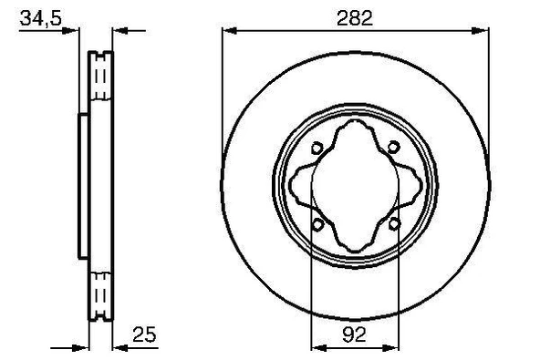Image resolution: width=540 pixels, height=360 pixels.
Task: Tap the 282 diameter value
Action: (358, 16)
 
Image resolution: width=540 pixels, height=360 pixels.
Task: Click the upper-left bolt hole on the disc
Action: (317, 148)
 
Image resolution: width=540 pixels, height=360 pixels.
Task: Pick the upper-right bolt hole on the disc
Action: (393, 148)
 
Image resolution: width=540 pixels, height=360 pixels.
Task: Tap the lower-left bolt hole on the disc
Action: (317, 224)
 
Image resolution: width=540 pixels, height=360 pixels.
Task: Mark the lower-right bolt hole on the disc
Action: (393, 224)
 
